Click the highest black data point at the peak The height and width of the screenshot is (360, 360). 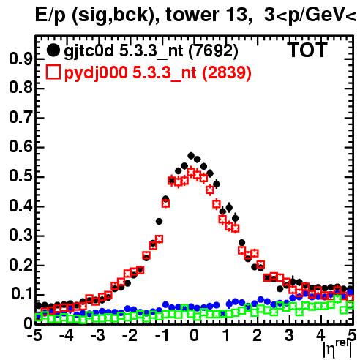191,155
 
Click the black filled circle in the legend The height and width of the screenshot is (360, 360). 53,50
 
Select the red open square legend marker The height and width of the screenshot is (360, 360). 53,72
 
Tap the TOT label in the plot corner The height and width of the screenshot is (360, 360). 307,50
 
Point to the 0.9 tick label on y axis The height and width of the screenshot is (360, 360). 21,59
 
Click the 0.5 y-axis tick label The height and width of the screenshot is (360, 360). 21,177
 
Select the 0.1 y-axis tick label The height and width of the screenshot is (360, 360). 23,294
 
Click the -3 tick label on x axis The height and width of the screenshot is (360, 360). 98,336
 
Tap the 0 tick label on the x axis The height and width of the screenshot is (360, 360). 194,336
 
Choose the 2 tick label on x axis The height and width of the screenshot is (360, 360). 258,336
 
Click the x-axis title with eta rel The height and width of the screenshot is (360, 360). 337,350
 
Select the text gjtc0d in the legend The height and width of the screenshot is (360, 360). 89,52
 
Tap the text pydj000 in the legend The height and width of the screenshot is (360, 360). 96,73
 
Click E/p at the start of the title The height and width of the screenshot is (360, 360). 50,15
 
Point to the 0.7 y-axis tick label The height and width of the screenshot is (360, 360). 21,118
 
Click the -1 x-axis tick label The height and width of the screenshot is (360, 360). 162,336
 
